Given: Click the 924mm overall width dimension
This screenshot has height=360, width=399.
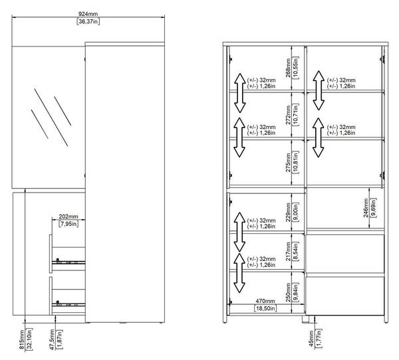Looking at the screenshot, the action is [x=88, y=14].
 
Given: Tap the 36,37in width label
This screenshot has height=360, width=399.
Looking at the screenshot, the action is [x=88, y=21].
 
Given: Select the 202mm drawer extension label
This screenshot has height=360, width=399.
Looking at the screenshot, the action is [x=68, y=217].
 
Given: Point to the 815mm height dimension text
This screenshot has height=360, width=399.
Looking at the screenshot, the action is [x=22, y=339].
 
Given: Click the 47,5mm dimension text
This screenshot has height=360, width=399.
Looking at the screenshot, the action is [x=52, y=339].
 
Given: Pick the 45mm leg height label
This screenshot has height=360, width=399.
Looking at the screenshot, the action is [x=311, y=339].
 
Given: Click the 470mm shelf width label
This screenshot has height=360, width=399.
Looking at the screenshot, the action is [x=265, y=301].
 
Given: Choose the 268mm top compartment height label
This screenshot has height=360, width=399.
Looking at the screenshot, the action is [x=288, y=68].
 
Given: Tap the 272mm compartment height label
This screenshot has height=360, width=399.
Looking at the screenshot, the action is [x=288, y=115].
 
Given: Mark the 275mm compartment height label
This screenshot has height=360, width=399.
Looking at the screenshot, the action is [x=288, y=162].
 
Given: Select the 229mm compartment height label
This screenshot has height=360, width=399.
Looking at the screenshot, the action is [x=288, y=212].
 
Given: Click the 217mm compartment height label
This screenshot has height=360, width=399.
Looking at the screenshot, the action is [x=288, y=251].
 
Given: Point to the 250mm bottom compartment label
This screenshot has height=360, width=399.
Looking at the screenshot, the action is [x=288, y=292].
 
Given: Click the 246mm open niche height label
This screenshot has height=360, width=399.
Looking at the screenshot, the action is [x=366, y=208].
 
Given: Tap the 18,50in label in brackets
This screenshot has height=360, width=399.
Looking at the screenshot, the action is [x=265, y=308].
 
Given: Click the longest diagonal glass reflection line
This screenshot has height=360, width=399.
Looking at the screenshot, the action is [x=51, y=118].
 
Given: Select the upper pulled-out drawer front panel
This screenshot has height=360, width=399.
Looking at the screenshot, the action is [x=51, y=254].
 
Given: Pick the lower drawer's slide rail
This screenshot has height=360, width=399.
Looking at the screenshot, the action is [x=68, y=304].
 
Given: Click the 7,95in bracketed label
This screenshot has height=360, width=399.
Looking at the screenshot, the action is [x=68, y=224].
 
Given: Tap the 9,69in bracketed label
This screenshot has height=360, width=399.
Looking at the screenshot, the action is [x=373, y=208].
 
